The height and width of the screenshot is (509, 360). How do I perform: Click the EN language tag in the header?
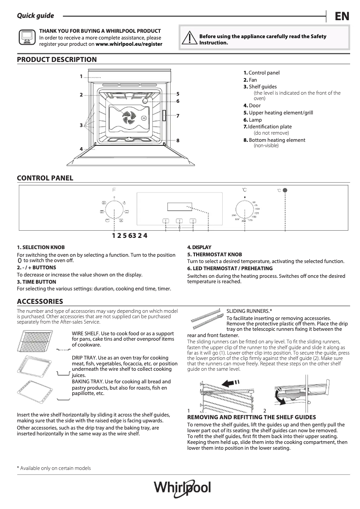[342, 17]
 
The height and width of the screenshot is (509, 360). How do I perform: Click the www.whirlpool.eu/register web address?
[129, 44]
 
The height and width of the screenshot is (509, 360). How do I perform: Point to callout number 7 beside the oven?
[178, 116]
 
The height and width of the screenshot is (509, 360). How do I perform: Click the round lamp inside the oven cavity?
[145, 101]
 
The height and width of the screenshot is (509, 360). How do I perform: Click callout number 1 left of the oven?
[81, 76]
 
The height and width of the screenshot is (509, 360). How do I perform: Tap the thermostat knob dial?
[244, 209]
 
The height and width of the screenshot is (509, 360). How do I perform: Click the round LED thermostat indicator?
[285, 190]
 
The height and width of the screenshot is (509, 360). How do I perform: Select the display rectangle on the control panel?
[180, 207]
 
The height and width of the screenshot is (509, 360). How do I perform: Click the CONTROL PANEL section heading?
[45, 178]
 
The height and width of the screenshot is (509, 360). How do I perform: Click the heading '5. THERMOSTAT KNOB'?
[215, 254]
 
